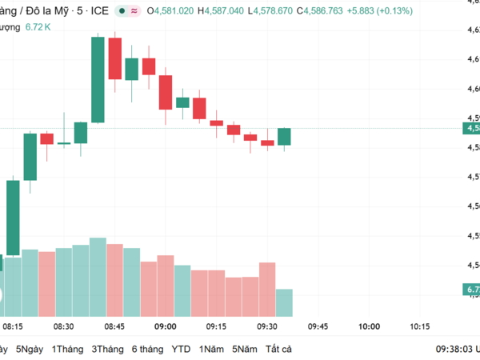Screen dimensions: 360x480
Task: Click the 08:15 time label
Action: coord(12,326)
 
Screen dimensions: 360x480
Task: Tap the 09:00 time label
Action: coord(166,326)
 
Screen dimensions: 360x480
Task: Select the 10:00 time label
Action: coord(369,326)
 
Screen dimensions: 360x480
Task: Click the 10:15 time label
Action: coord(419,326)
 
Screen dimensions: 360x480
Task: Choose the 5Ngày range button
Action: coord(28,349)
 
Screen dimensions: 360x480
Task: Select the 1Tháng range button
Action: coord(67,349)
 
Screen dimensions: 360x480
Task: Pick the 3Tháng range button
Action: coord(107,349)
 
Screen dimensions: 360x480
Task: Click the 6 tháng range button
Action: coord(148,349)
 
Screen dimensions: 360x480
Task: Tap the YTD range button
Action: coord(182,349)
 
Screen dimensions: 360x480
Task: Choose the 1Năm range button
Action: coord(212,349)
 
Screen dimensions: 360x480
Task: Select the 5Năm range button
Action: coord(245,349)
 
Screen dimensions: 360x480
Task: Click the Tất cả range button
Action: coord(279,349)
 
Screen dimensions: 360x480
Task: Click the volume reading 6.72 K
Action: coord(38,27)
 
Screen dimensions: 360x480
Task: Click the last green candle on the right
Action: coord(284,136)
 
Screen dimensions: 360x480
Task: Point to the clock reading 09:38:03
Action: coord(452,349)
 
